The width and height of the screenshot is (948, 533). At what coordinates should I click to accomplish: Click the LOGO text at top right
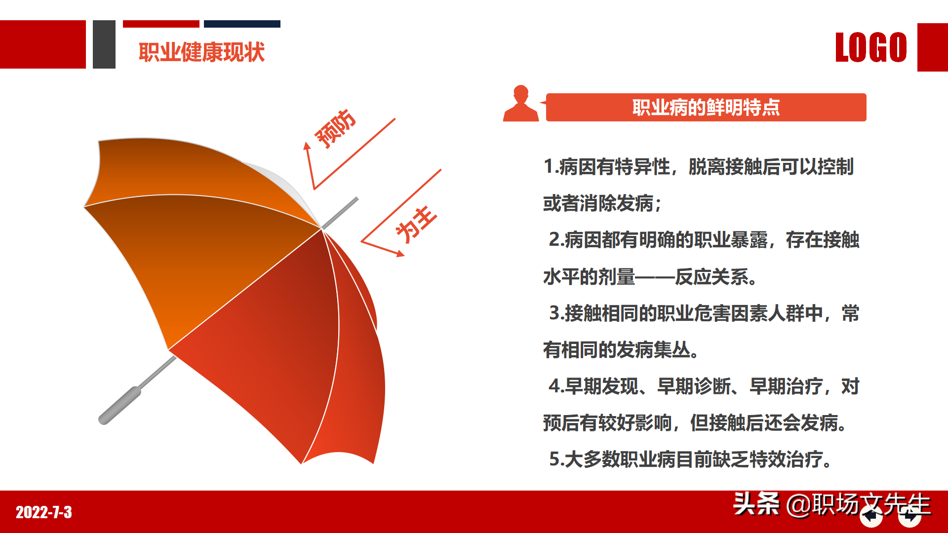[x=871, y=47]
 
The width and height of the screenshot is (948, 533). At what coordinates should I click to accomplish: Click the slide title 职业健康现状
[x=201, y=52]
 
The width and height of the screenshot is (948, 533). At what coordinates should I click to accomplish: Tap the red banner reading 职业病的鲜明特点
[x=706, y=107]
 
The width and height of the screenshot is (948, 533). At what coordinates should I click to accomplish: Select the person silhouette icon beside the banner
[x=520, y=104]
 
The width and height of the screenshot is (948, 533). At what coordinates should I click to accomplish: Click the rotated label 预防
[x=335, y=129]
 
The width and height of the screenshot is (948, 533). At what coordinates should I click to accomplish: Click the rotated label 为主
[x=416, y=225]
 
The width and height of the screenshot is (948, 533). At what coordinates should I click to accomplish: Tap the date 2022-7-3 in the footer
[x=44, y=512]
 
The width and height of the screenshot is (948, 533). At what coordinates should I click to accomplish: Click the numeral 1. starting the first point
[x=550, y=167]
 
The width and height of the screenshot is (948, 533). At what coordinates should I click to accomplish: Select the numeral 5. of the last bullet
[x=556, y=459]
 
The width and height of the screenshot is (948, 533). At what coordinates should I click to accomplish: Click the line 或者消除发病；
[x=602, y=203]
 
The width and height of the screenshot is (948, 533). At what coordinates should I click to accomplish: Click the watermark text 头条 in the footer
[x=756, y=504]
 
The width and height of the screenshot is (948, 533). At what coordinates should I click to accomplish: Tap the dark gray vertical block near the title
[x=104, y=44]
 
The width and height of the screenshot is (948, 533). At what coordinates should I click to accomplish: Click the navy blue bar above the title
[x=242, y=24]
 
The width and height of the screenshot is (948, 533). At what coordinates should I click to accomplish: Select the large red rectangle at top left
[x=42, y=44]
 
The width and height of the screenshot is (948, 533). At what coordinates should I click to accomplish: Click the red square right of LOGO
[x=932, y=47]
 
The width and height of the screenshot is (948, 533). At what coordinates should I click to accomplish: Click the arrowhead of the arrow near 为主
[x=400, y=254]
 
